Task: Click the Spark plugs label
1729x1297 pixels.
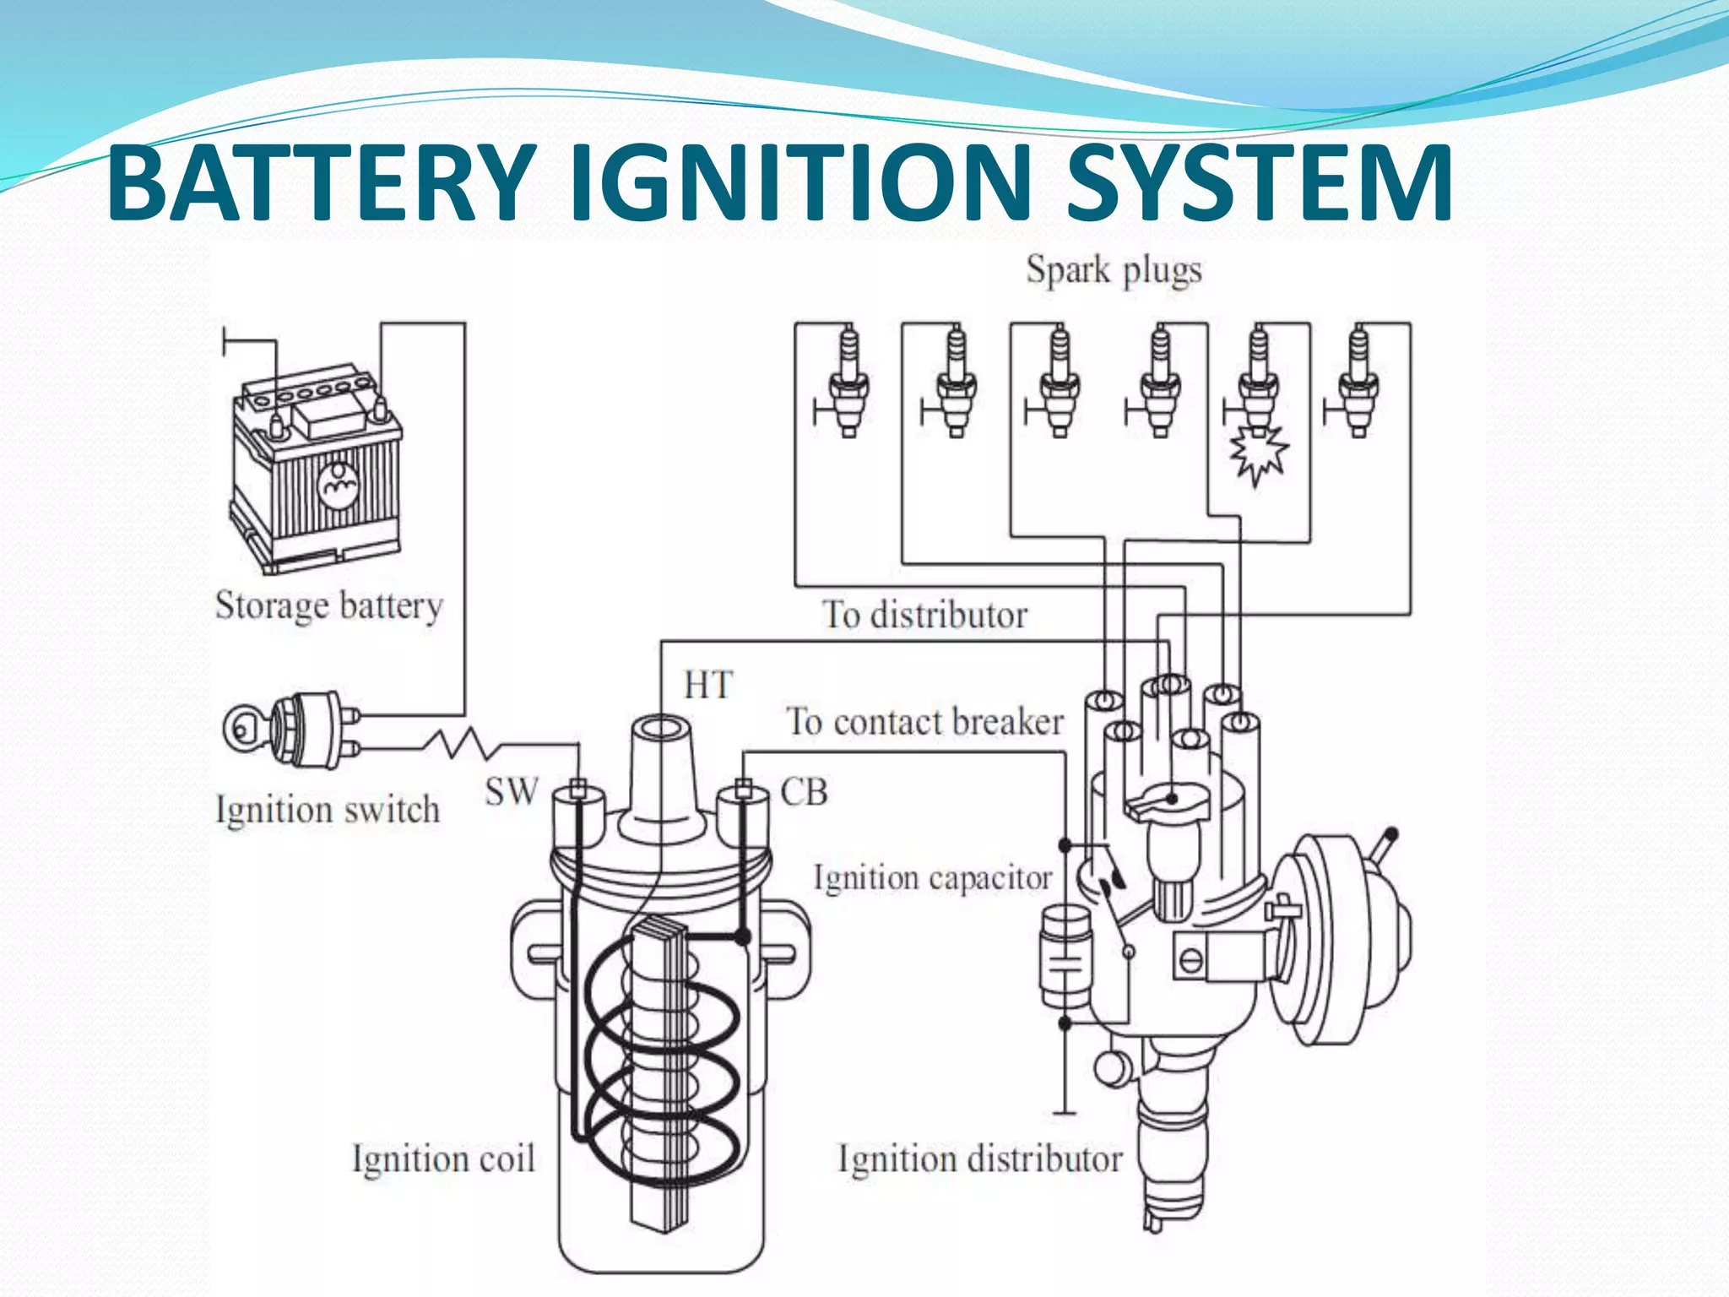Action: pos(1114,271)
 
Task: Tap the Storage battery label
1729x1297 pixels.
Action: pos(328,605)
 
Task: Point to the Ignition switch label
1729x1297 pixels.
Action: pos(328,809)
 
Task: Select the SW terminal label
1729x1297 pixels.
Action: pos(512,792)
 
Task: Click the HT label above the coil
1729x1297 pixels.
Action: pos(707,685)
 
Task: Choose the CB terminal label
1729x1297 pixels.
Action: pos(804,792)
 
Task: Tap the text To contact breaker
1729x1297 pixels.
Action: pos(924,722)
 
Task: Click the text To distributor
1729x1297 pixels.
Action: pos(924,615)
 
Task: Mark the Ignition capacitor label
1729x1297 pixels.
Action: pos(932,878)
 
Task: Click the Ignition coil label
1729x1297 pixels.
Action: pos(443,1158)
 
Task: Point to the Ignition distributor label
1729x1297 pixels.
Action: pos(979,1159)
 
